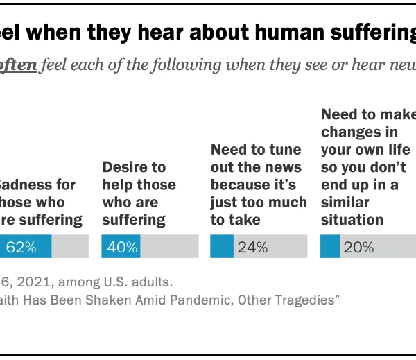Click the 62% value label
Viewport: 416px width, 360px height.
(x=21, y=247)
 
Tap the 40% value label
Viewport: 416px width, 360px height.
(x=122, y=247)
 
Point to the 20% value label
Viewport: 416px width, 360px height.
(x=358, y=247)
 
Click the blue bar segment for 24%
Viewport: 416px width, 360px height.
(x=222, y=247)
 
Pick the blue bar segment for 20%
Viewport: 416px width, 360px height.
(x=329, y=247)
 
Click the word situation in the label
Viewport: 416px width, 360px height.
(x=352, y=220)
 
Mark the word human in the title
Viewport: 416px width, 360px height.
(x=255, y=31)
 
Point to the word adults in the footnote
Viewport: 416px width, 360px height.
(x=153, y=282)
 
